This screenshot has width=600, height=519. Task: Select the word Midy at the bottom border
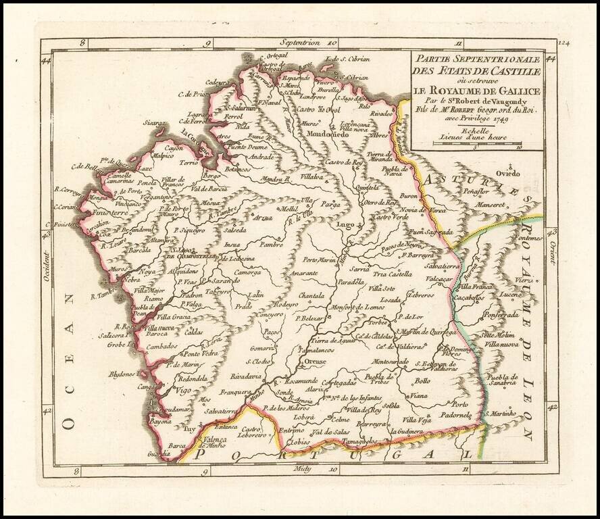click(x=301, y=468)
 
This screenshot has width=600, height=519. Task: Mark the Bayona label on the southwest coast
click(x=161, y=420)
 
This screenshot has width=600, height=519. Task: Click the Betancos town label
click(x=242, y=169)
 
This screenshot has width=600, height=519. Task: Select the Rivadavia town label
click(x=245, y=376)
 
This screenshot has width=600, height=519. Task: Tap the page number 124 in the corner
click(x=564, y=43)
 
